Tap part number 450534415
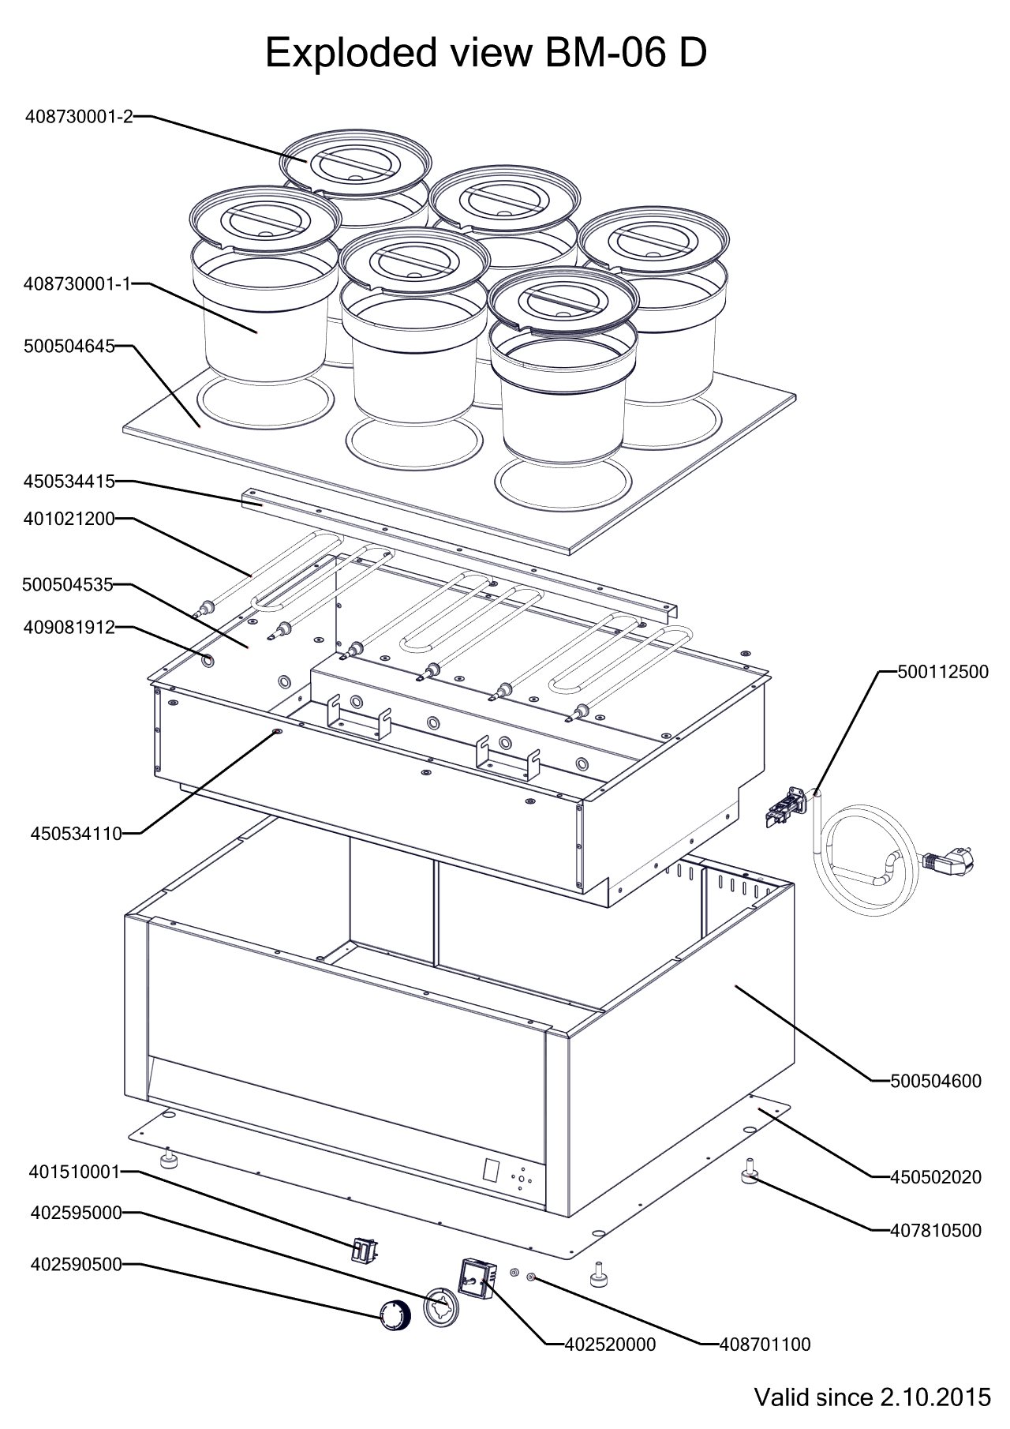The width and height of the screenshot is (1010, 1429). tap(69, 481)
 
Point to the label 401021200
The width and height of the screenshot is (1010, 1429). tap(69, 519)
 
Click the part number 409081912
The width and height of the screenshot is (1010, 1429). tap(69, 628)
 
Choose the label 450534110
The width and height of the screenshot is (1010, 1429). tap(77, 833)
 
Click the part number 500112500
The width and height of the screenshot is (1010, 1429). tap(942, 673)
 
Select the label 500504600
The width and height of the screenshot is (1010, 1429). tap(936, 1081)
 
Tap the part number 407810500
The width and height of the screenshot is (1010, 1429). tap(936, 1230)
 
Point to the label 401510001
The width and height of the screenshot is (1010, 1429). tap(75, 1172)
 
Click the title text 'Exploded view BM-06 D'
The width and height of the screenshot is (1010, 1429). tap(485, 54)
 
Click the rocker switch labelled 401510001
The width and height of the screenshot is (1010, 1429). tap(363, 1251)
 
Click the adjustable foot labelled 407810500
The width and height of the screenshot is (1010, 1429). tap(748, 1176)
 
